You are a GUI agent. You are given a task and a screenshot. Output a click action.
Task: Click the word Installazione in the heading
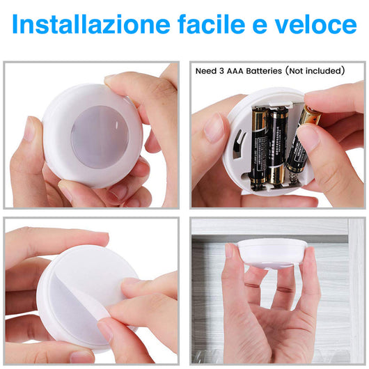point(83,25)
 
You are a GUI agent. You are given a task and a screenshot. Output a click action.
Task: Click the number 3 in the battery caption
point(223,71)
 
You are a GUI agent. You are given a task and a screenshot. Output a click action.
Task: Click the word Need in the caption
point(207,71)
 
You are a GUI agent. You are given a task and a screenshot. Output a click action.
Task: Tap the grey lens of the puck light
point(100,136)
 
